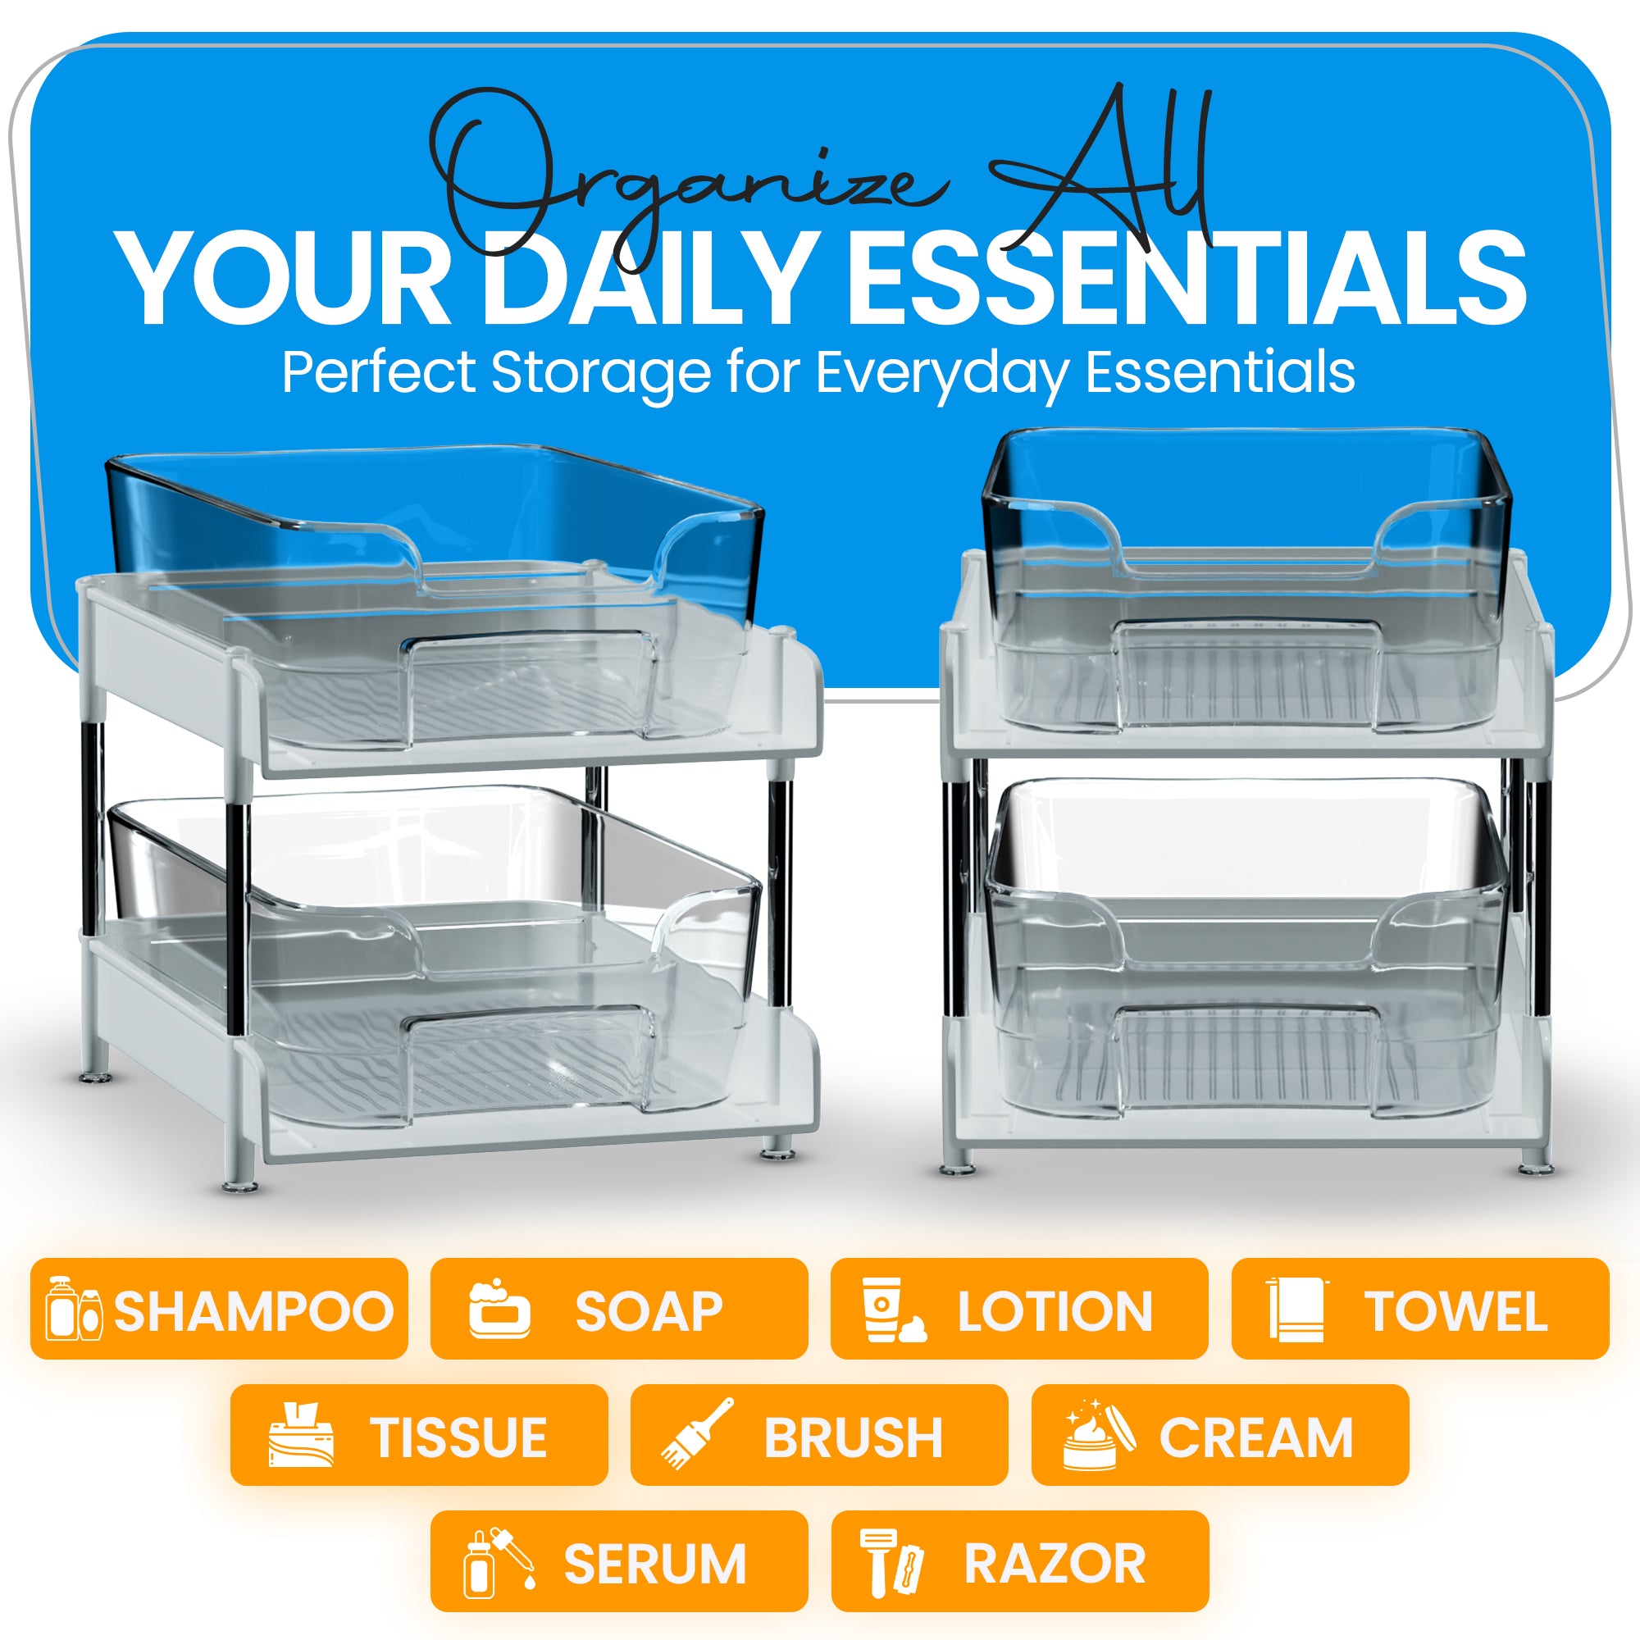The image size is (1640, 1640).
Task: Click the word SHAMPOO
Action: [254, 1311]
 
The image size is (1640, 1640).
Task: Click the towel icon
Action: [1297, 1309]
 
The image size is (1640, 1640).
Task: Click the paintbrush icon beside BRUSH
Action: [697, 1434]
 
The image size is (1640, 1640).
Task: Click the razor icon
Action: [891, 1562]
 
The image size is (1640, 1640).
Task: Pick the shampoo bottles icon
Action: [74, 1308]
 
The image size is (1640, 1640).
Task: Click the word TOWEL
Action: [1455, 1311]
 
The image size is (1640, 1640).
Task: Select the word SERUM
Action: [655, 1564]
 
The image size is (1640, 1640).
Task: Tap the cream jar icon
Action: [1100, 1434]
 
